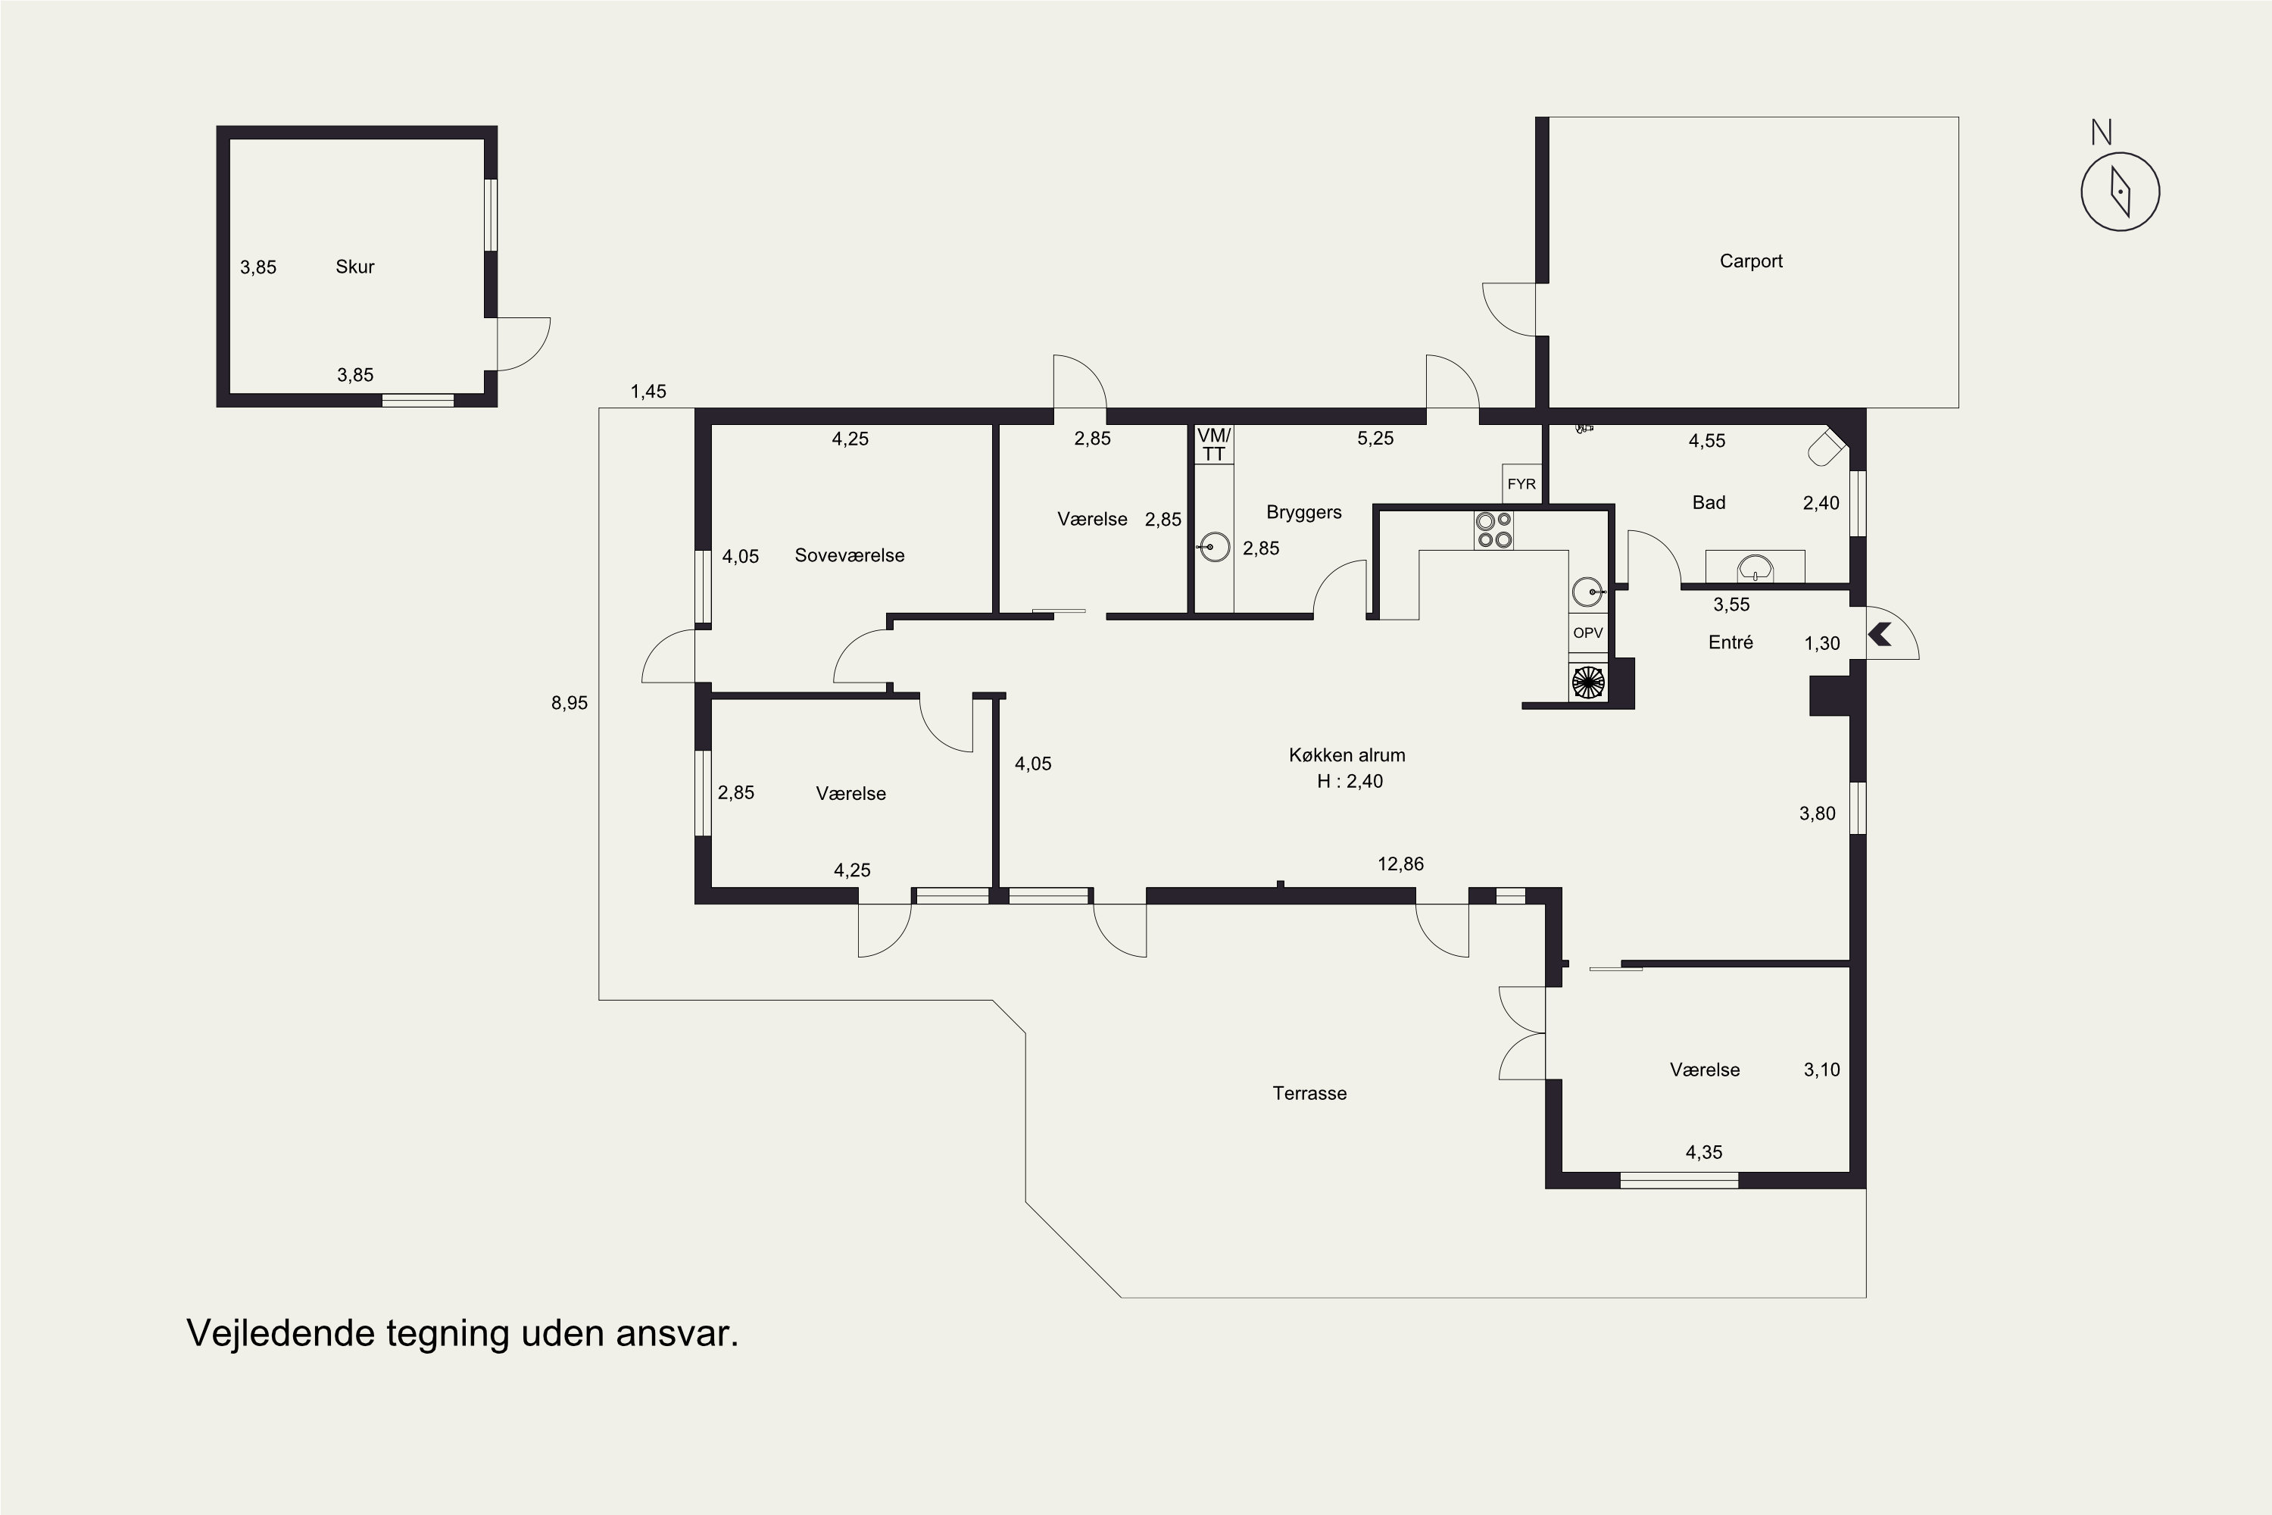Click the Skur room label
coord(354,267)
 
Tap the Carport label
coord(1750,261)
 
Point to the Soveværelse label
coord(849,555)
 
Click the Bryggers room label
coord(1303,512)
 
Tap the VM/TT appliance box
coord(1213,445)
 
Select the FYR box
coord(1521,483)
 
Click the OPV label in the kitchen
coord(1588,633)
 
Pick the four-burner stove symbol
coord(1493,530)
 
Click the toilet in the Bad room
coord(1826,448)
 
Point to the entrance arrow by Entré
coord(1880,635)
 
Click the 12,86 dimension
coord(1400,864)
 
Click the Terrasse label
coord(1309,1093)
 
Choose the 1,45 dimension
coord(648,392)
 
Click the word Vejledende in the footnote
coord(280,1333)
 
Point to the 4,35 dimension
coord(1704,1151)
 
